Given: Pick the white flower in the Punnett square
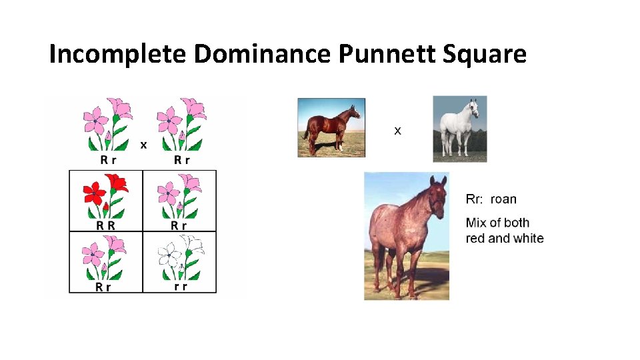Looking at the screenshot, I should [x=179, y=256].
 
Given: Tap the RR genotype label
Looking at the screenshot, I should [x=105, y=225].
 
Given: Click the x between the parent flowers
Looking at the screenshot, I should [x=143, y=144].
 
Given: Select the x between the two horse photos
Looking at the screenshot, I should [x=398, y=131].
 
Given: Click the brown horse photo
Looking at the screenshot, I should [x=331, y=127].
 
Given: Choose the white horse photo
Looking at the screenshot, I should [x=460, y=129].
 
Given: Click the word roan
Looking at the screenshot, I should [x=503, y=199].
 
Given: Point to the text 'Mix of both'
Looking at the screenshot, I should [x=498, y=223].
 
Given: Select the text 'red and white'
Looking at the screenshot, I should [x=505, y=238].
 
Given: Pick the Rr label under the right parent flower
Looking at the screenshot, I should [x=181, y=160].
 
